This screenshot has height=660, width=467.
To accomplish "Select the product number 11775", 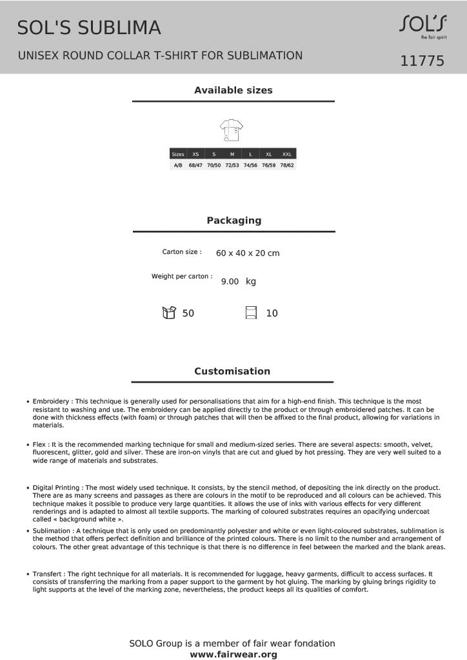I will (422, 61).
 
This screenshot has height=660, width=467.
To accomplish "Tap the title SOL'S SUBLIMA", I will (89, 28).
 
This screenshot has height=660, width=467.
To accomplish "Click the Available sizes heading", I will (234, 90).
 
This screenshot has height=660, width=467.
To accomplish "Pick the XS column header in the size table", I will (195, 154).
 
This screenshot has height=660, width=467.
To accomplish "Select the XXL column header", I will (287, 154).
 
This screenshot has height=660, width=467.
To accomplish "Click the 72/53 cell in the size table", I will (232, 165).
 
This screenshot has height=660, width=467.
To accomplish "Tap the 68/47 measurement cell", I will (195, 165).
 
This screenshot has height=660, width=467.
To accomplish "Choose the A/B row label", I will (178, 165).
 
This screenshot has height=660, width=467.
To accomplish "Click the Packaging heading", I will (234, 220).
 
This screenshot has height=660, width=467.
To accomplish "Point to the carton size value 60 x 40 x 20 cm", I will (248, 253).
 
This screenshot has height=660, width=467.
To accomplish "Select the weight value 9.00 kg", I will (238, 282).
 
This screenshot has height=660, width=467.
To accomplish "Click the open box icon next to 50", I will (169, 313).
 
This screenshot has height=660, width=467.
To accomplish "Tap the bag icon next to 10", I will (252, 313).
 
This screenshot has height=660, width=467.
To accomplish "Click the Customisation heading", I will (232, 371).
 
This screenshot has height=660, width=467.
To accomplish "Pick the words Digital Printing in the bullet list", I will (57, 487).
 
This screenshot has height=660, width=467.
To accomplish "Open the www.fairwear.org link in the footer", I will (234, 654).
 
